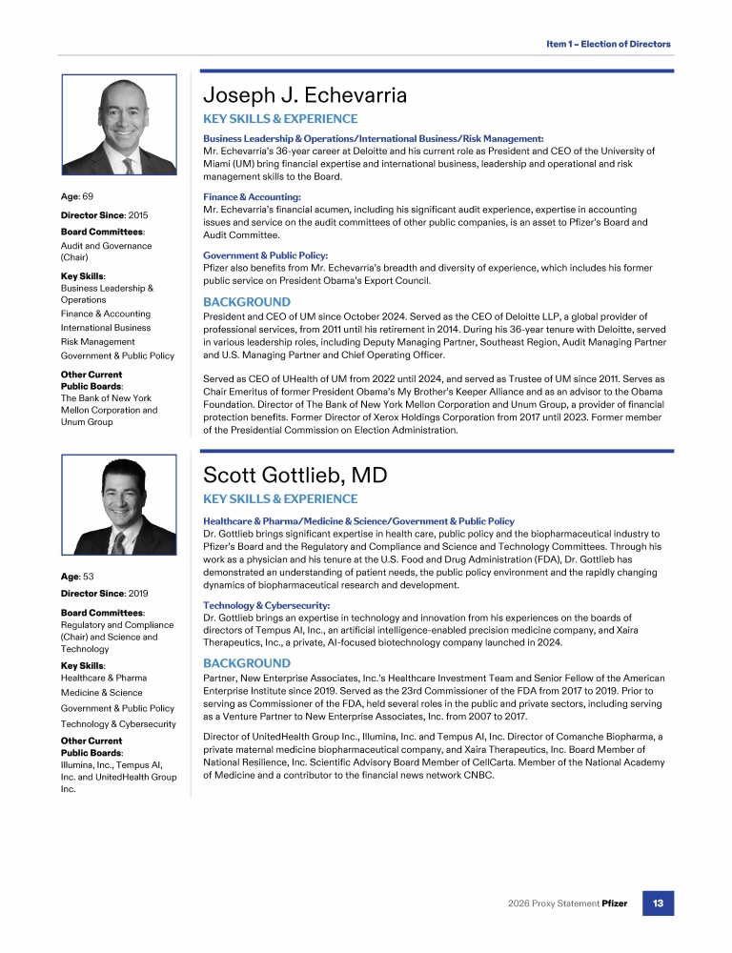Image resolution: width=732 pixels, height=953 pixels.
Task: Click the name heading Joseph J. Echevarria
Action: [305, 95]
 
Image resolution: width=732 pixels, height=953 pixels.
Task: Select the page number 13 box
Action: [658, 902]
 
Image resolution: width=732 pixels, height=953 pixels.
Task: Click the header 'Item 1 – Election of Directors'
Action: [608, 44]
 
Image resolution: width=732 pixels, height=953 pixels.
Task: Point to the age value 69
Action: [88, 196]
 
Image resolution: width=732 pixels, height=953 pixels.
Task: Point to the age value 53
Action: [88, 577]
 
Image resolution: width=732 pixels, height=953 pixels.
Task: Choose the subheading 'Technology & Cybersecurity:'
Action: [265, 605]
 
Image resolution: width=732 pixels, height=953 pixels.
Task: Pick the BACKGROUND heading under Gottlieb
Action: [247, 663]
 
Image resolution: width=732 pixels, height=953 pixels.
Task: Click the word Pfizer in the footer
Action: [614, 902]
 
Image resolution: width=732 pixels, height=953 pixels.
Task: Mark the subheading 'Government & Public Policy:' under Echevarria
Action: [265, 255]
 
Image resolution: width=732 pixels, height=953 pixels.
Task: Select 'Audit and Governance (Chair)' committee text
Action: [106, 252]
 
